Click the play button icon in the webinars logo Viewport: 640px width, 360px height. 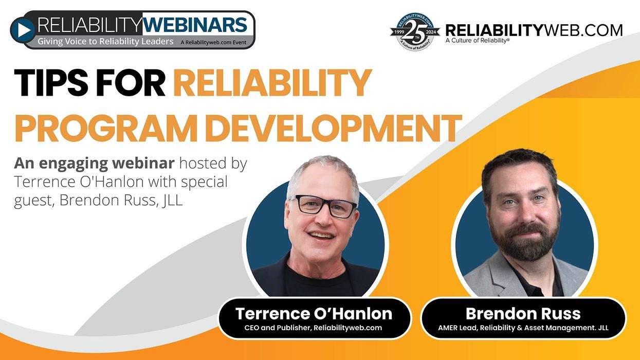click(23, 30)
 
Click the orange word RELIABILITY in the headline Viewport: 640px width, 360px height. click(272, 83)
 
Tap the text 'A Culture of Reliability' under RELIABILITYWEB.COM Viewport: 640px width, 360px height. click(477, 41)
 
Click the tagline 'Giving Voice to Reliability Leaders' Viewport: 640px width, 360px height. click(105, 42)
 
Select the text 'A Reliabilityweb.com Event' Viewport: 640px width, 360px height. click(213, 43)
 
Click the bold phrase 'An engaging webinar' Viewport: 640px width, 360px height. click(94, 164)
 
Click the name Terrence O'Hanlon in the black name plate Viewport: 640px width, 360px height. click(314, 314)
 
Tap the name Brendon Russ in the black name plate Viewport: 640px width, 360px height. click(523, 314)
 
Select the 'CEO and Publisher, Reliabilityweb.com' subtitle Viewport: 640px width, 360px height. click(313, 328)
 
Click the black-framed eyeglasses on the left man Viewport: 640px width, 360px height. click(324, 206)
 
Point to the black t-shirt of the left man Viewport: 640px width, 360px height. click(317, 283)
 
